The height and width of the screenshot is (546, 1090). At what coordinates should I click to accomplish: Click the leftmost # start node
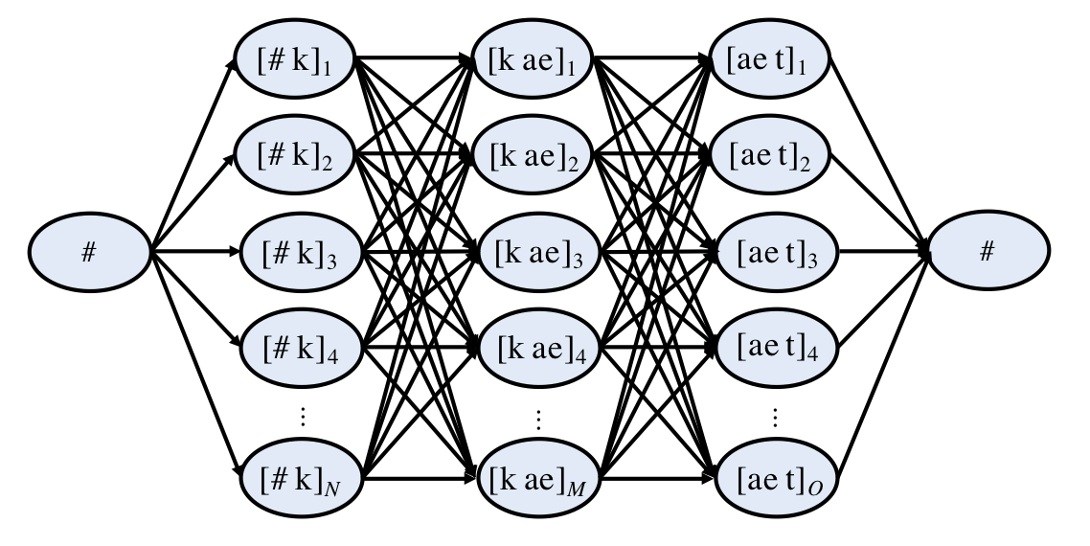point(89,255)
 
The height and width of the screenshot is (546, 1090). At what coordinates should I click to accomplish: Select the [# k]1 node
point(299,65)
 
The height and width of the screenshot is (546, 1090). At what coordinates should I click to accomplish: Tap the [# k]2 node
point(299,153)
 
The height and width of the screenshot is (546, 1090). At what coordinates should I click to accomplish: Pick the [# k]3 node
point(299,255)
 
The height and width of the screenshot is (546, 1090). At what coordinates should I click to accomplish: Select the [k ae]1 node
point(534,65)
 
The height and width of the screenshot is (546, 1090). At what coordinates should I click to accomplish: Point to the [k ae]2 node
point(534,153)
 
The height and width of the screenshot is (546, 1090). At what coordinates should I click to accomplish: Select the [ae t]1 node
point(774,65)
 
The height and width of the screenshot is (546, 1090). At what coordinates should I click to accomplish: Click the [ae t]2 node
point(774,153)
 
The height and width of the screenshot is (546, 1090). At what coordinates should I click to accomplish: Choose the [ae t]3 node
point(774,255)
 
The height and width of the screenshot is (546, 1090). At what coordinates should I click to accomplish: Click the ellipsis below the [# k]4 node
point(301,416)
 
